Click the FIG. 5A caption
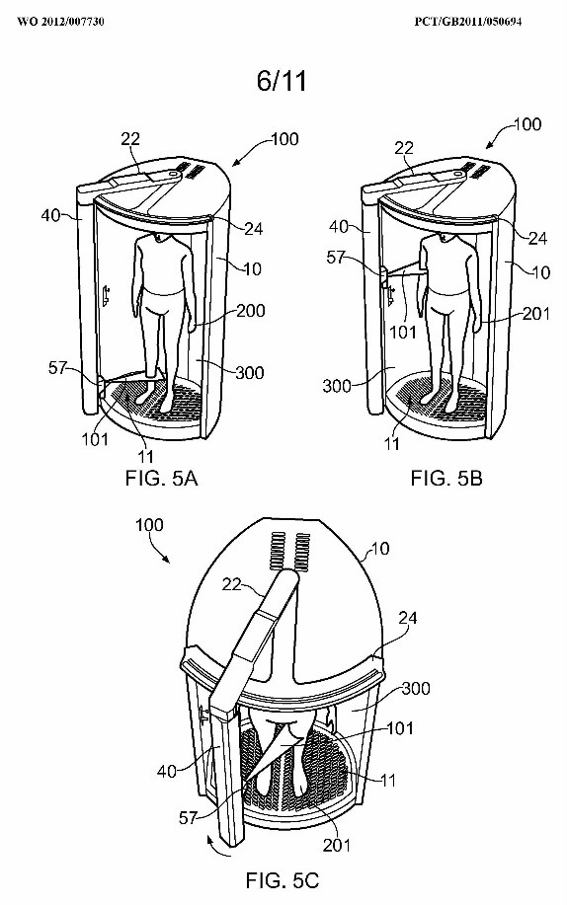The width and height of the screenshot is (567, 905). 161,478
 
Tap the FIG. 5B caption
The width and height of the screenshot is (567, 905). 446,478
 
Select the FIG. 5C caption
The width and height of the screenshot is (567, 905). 283,880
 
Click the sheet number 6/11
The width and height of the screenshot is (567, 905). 282,81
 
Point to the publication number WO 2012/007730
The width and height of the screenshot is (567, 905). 60,22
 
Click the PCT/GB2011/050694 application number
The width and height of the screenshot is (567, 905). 468,22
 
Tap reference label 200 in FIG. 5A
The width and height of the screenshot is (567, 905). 250,311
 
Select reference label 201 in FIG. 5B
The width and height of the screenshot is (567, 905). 535,314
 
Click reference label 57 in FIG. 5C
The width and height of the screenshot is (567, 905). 188,817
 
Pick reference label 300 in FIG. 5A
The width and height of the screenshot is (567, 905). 250,372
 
